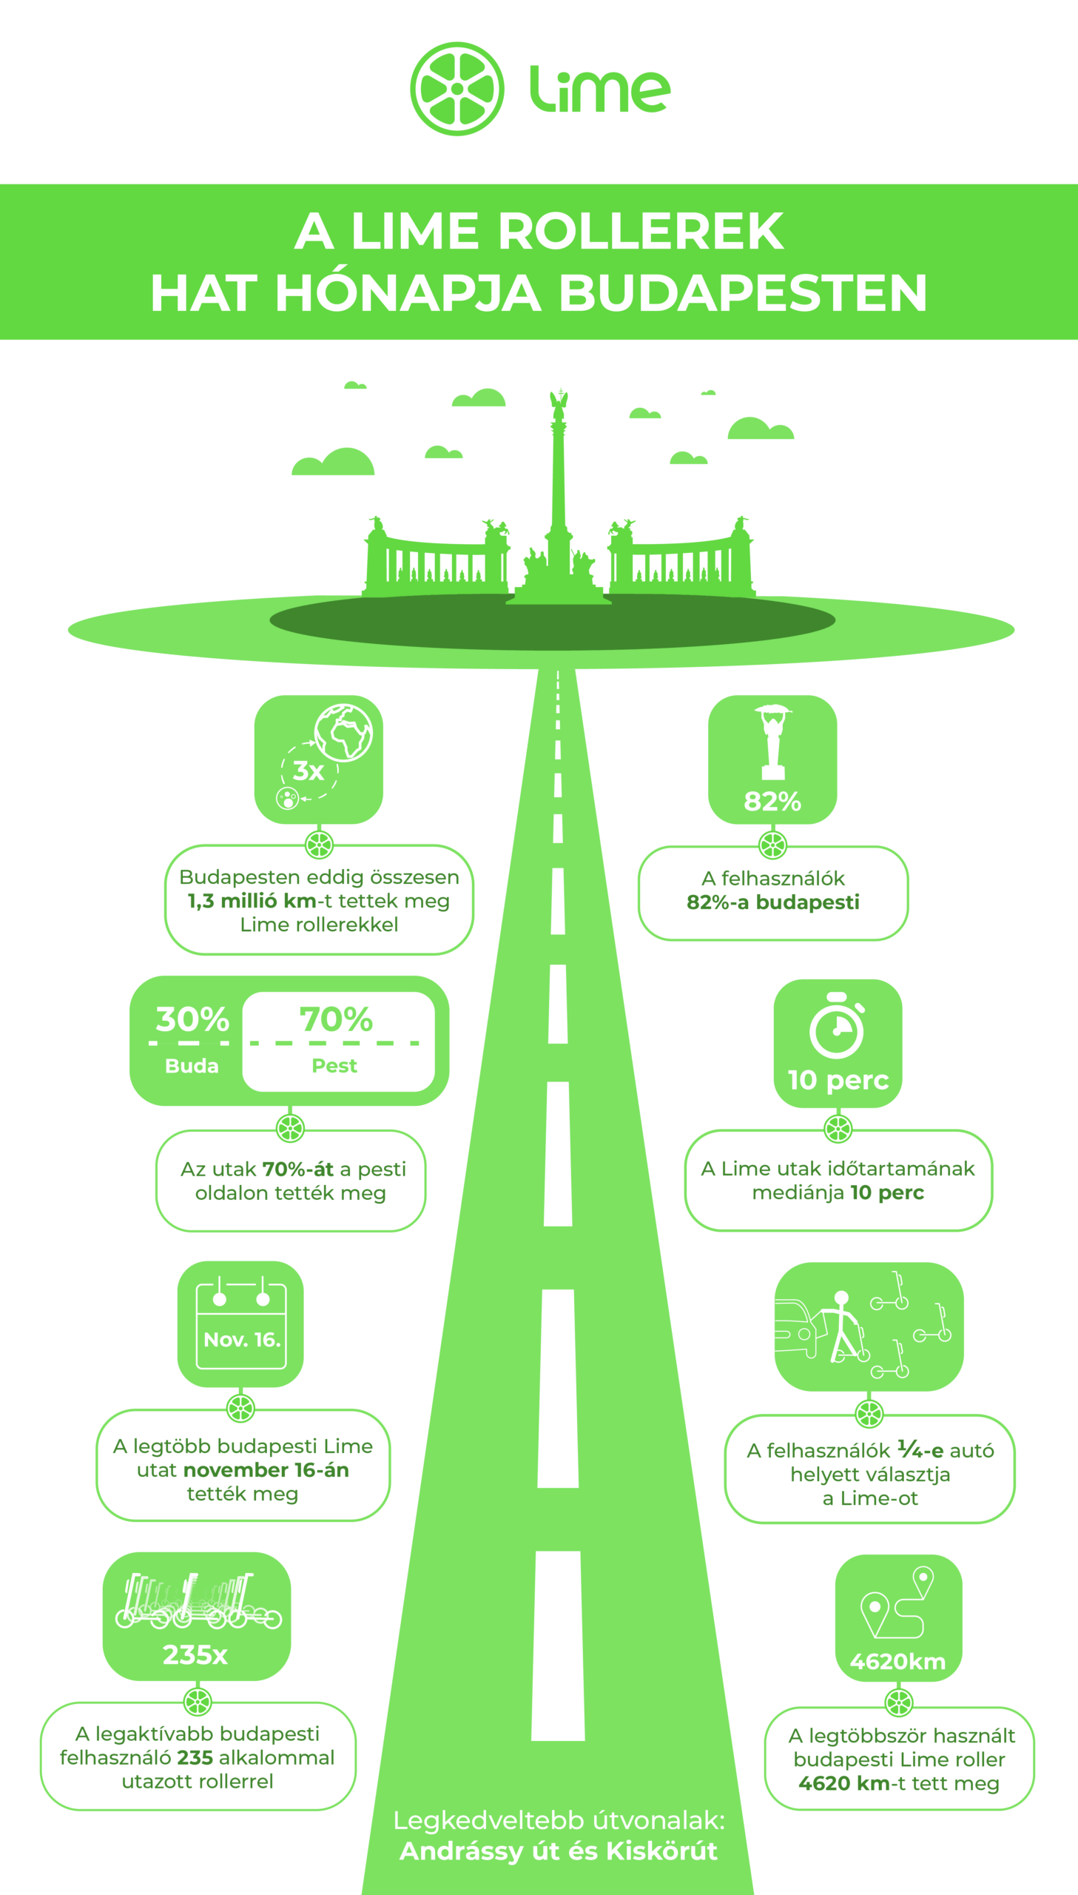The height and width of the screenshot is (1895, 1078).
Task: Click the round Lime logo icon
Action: pos(457,89)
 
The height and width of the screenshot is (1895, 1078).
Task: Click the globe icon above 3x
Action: pos(343,731)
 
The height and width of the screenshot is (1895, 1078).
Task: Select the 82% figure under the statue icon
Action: pos(772,801)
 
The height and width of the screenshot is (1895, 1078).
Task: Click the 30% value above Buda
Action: pos(192,1019)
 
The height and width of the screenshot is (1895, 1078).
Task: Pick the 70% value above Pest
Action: pos(336,1019)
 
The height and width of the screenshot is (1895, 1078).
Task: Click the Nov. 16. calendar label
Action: pos(242,1340)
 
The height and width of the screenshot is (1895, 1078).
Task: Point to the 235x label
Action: pos(195,1654)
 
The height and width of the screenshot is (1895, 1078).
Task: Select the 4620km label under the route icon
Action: pos(897,1662)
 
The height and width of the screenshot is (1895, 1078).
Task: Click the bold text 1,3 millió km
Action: pos(252,900)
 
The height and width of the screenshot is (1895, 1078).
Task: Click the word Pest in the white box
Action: pos(334,1066)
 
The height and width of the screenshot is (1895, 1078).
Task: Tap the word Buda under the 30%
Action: pos(192,1066)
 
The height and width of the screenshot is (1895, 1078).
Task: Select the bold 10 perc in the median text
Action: pos(887,1193)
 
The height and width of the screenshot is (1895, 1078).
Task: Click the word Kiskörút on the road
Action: pos(661,1851)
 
